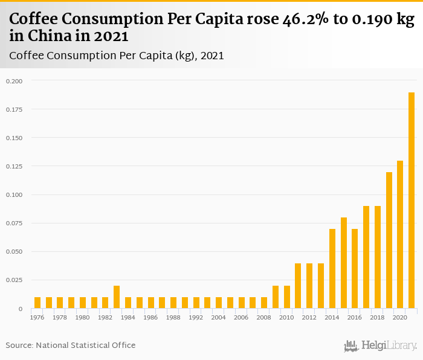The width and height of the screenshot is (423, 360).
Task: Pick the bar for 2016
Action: click(355, 269)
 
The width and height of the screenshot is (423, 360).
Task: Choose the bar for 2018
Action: click(377, 257)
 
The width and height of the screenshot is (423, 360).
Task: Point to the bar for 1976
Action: click(37, 303)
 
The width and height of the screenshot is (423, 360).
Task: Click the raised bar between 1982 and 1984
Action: click(117, 297)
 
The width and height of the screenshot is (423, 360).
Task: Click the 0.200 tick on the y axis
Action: click(14, 81)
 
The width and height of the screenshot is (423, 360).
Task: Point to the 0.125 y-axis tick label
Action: click(14, 166)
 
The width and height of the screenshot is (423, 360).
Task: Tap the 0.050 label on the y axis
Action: click(14, 252)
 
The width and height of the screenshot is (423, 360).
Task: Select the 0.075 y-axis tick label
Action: click(14, 223)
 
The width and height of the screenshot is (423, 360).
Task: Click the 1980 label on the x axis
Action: click(83, 317)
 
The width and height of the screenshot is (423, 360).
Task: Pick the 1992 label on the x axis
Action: click(196, 317)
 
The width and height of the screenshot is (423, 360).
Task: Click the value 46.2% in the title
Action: click(306, 20)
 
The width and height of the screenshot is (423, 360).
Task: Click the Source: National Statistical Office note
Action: click(71, 345)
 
